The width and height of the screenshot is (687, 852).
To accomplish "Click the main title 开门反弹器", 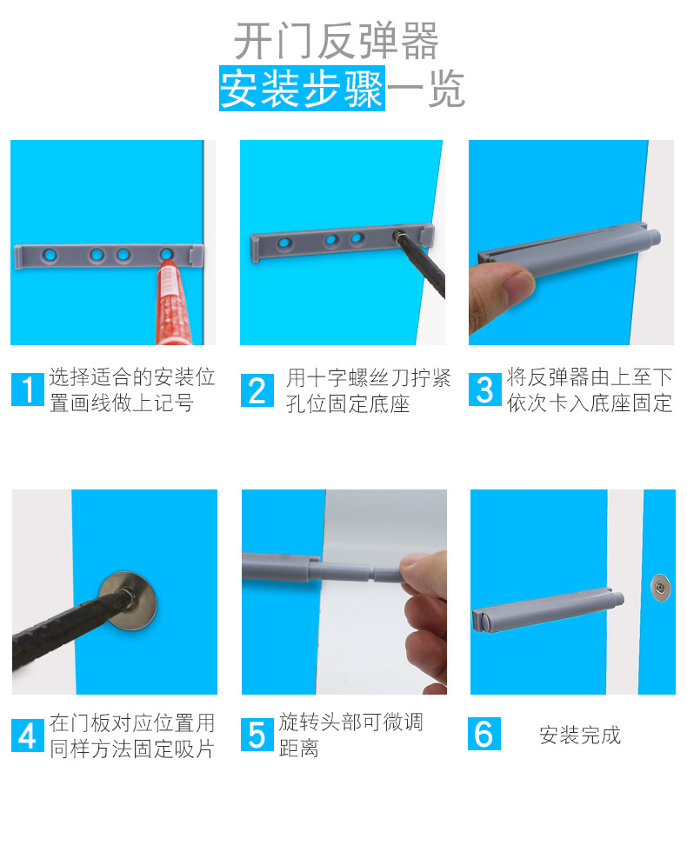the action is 337,41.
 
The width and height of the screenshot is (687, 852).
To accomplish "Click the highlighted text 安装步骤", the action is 303,89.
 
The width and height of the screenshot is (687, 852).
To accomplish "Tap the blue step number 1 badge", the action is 27,389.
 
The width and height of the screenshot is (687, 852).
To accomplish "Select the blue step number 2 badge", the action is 257,390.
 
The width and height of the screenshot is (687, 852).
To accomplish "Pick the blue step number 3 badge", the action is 485,389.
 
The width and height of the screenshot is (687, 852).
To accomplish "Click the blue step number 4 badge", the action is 27,736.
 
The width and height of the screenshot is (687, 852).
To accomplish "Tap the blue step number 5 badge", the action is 257,735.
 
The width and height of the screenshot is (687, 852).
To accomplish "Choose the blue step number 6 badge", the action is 484,734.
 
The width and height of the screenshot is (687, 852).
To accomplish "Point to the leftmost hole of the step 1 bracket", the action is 50,254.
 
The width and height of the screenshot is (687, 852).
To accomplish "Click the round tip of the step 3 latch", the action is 653,237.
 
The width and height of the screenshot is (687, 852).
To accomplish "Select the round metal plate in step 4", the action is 129,601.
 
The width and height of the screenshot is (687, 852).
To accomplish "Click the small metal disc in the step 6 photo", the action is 660,588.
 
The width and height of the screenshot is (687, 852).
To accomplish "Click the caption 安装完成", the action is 580,736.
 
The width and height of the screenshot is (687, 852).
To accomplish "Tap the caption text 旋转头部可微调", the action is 351,722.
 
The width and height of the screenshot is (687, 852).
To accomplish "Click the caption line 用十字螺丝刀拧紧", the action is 369,377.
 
